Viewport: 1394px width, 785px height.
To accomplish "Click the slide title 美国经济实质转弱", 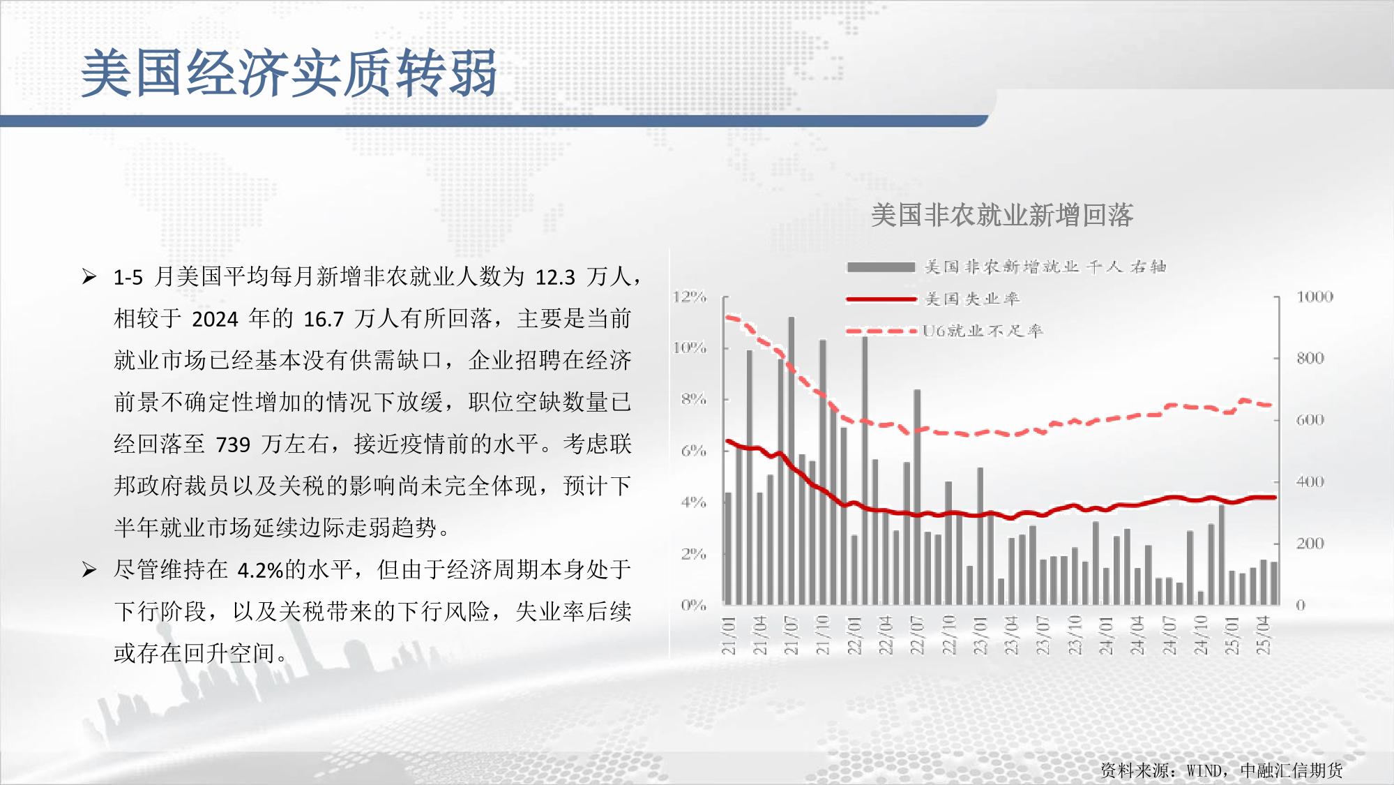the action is (x=289, y=73).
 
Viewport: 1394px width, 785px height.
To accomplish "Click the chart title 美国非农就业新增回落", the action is (x=1002, y=215).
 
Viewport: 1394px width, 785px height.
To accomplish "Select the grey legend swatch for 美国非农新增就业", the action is (x=881, y=267).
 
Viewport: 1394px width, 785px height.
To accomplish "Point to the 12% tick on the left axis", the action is (x=690, y=297).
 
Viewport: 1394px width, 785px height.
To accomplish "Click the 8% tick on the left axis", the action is (x=694, y=400).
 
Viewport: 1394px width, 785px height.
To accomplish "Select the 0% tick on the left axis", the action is (x=694, y=605).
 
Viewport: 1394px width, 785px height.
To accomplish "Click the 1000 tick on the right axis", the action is (x=1315, y=297).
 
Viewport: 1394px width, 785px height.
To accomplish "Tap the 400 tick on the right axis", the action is (x=1310, y=481).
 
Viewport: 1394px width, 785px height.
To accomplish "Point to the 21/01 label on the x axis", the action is (x=729, y=635).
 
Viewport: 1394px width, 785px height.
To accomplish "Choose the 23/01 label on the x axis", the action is (x=980, y=635).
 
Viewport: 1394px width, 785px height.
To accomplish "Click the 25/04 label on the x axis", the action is (x=1263, y=635).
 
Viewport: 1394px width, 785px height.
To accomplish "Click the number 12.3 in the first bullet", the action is (x=555, y=278).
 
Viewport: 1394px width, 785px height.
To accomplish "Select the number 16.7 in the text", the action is (x=324, y=320).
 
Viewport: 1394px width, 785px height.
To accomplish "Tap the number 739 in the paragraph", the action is (x=233, y=444).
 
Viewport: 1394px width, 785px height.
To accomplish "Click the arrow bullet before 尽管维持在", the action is (x=89, y=570).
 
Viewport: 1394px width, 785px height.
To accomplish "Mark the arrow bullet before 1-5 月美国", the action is (x=89, y=277).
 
